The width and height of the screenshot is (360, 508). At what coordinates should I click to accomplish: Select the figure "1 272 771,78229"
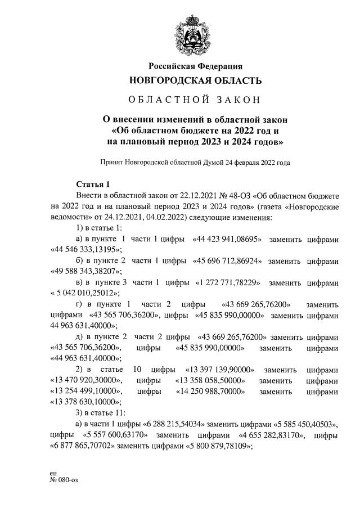[228, 282]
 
